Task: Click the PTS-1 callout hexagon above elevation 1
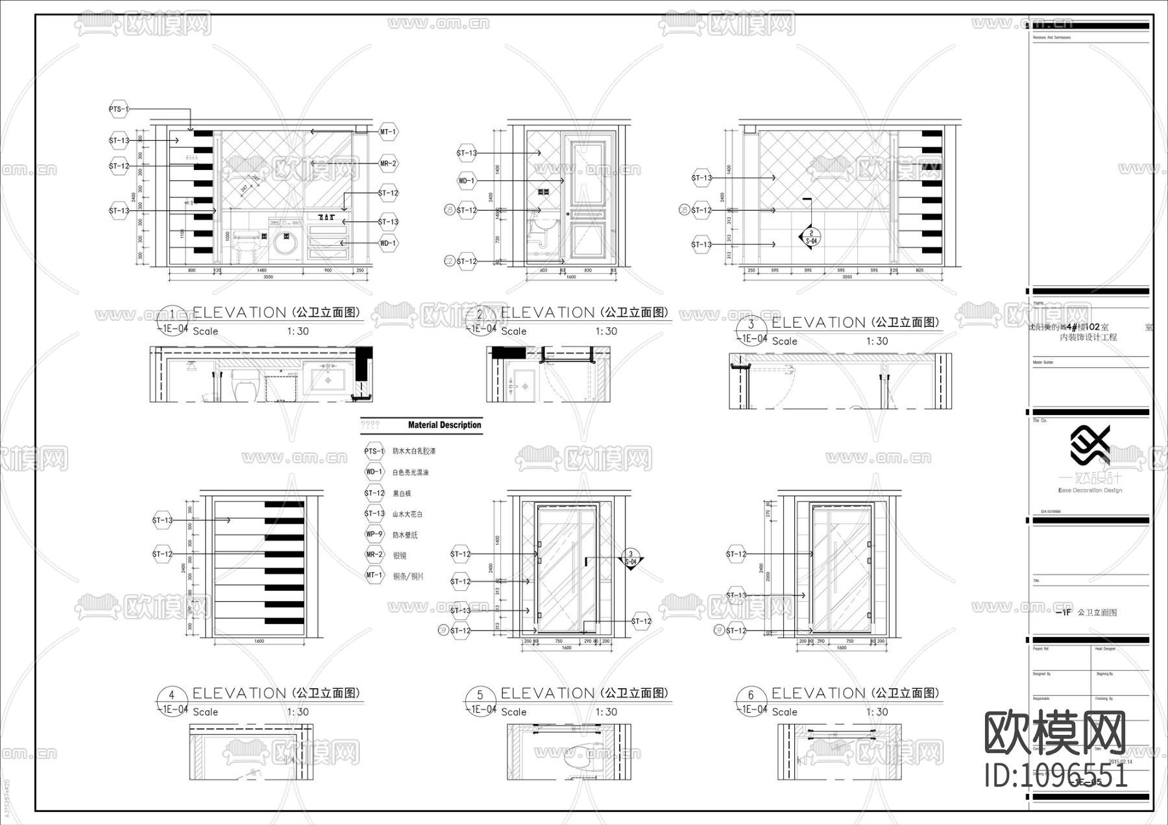[119, 110]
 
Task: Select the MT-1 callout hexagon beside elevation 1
[388, 132]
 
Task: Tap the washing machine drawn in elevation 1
[283, 241]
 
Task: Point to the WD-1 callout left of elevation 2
[467, 181]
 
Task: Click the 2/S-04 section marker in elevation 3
[811, 237]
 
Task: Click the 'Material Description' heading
[444, 425]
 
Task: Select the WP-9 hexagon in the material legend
[374, 534]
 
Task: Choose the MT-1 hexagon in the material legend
[374, 575]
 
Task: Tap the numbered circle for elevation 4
[171, 695]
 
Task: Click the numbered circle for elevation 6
[751, 695]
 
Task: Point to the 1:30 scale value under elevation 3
[877, 341]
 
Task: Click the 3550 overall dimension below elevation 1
[267, 277]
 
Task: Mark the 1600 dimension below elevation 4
[259, 641]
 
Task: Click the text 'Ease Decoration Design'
[1089, 490]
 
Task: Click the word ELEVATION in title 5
[548, 693]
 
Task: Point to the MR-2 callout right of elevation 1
[388, 164]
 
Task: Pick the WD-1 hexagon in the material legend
[374, 472]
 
